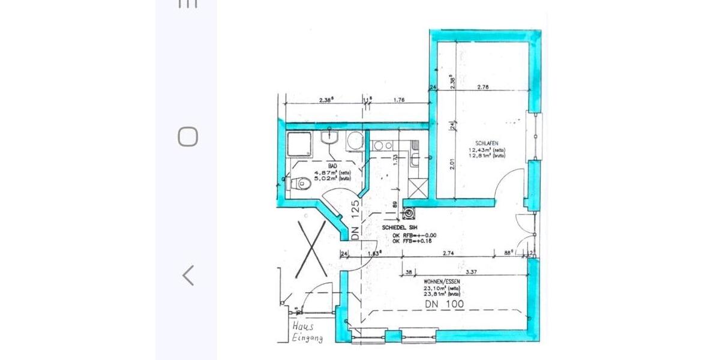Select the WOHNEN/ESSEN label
[442, 281]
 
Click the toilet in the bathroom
[300, 184]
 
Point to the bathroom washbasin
[329, 139]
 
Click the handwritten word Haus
[304, 327]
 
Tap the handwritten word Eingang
[307, 338]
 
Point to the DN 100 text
[444, 304]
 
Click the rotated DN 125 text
[355, 220]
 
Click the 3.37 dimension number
[471, 272]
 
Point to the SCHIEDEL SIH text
[400, 228]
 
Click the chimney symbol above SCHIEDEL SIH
[410, 212]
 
